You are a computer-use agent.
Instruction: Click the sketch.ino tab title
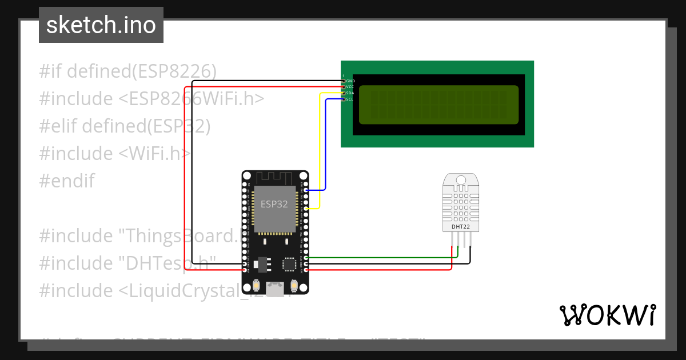click(x=101, y=26)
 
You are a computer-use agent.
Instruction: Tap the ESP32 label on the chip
click(x=274, y=204)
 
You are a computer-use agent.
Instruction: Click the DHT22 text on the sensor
click(x=461, y=226)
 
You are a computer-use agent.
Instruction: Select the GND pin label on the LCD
click(x=350, y=81)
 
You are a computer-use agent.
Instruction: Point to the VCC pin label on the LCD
click(x=350, y=87)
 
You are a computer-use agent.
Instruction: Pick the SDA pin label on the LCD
click(x=350, y=93)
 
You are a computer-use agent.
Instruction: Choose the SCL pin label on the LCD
click(x=350, y=99)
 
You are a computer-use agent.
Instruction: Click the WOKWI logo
click(x=607, y=315)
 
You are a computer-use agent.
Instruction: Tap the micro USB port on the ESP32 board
click(x=275, y=289)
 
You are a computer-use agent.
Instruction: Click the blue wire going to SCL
click(x=325, y=143)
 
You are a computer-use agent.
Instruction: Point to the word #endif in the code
click(x=67, y=181)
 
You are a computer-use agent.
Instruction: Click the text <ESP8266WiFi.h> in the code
click(x=192, y=99)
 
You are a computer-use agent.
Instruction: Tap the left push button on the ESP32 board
click(x=256, y=285)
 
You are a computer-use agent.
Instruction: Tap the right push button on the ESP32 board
click(x=294, y=285)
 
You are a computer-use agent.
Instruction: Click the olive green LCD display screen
click(x=438, y=105)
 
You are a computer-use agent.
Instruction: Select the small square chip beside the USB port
click(x=290, y=263)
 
